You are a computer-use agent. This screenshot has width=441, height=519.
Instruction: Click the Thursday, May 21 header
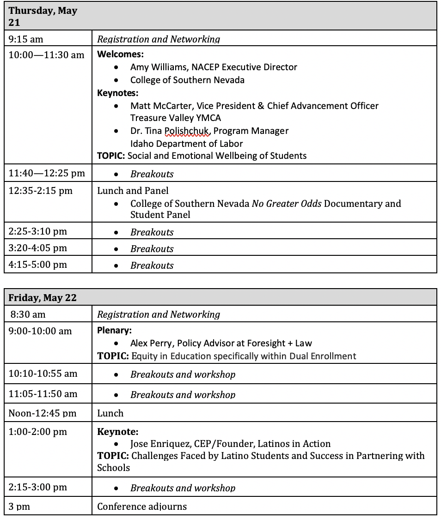(43, 16)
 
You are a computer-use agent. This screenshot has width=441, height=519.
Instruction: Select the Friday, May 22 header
(43, 298)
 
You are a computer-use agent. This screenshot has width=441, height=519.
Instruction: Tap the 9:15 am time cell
(26, 39)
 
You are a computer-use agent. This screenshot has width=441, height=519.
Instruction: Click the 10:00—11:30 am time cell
(46, 55)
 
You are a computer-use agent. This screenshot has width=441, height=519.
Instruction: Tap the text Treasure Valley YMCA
(176, 118)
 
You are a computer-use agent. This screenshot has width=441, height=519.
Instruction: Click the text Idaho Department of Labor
(186, 144)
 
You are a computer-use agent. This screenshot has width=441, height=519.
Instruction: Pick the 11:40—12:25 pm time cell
(47, 173)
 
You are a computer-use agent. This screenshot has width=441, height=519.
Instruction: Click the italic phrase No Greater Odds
(287, 204)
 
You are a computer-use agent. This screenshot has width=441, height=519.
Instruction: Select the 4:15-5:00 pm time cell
(38, 265)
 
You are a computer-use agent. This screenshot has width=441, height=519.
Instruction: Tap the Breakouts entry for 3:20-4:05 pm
(152, 249)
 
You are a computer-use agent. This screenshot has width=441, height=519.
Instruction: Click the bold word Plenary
(114, 331)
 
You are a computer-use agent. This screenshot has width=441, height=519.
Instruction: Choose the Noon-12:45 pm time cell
(43, 413)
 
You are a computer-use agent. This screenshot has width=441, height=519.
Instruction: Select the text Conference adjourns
(142, 507)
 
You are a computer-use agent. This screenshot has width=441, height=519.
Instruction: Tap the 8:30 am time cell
(28, 314)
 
